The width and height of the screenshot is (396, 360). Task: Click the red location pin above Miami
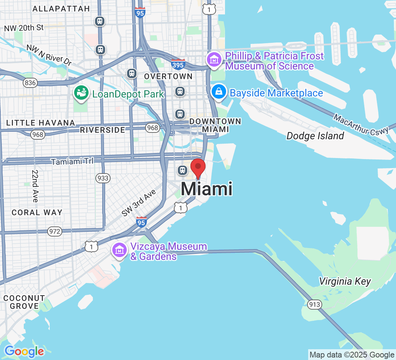click(x=198, y=167)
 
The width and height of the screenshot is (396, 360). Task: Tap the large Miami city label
click(x=206, y=189)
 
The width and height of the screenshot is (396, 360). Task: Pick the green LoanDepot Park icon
click(x=81, y=93)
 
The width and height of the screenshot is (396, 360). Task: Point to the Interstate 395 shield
click(x=178, y=64)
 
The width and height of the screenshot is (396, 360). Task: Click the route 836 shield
click(x=30, y=83)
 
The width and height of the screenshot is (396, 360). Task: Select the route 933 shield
click(x=103, y=178)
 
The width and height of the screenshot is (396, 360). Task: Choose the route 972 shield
click(x=55, y=231)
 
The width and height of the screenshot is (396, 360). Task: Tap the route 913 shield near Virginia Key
click(x=314, y=305)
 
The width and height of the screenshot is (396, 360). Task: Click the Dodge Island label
click(x=315, y=136)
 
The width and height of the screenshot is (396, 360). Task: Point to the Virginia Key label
click(x=345, y=281)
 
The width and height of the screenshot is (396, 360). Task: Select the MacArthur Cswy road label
click(x=361, y=125)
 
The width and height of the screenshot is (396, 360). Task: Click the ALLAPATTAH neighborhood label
click(x=61, y=9)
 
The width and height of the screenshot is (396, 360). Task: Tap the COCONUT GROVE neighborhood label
click(x=24, y=302)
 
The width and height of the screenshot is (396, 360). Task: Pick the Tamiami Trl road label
click(x=72, y=161)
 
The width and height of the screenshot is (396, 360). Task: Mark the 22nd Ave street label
click(x=35, y=186)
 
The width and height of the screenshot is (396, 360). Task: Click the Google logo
click(x=24, y=351)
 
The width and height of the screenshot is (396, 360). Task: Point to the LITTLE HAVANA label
click(x=41, y=123)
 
